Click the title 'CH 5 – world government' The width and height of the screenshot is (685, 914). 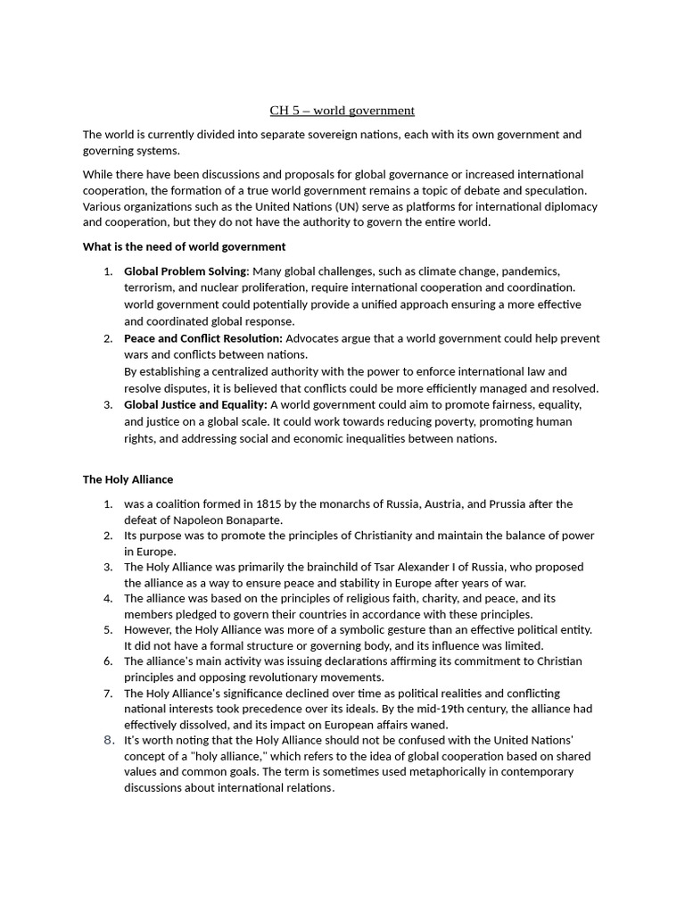coord(342,111)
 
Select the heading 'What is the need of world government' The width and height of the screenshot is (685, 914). coord(185,246)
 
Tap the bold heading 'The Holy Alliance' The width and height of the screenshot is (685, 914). coord(128,479)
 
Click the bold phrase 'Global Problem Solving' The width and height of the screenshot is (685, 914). coord(185,270)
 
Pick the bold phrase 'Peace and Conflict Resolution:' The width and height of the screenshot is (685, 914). coord(203,338)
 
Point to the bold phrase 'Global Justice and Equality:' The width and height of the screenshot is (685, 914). coord(195,405)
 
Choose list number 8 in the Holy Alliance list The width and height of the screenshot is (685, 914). coord(109,740)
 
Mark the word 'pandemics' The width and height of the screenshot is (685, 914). coord(533,270)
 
